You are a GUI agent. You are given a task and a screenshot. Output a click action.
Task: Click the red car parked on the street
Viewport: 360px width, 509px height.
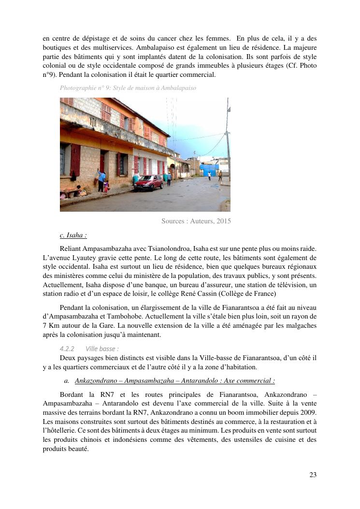coord(149,182)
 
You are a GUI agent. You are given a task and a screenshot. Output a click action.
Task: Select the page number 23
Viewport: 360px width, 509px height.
coord(313,475)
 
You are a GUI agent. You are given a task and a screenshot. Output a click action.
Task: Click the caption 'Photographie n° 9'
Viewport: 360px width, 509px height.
coord(83,88)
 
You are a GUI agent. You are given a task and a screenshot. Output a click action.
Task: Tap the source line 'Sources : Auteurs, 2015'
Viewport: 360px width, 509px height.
coord(196,221)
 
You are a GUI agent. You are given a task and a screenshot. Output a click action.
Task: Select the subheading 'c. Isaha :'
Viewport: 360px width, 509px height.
coord(73,235)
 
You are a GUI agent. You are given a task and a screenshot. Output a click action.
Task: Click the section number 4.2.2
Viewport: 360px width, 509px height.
coord(67,349)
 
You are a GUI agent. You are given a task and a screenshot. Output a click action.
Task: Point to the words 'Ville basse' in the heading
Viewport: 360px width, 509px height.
coord(101,349)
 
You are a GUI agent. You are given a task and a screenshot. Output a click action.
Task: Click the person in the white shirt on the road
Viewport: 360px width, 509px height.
coord(209,175)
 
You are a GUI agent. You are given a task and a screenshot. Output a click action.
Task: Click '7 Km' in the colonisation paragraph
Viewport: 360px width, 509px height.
coord(50,325)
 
